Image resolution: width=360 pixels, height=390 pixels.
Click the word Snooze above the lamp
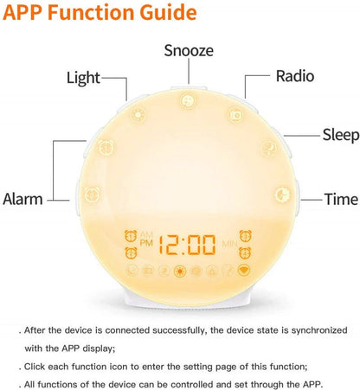[x=189, y=50]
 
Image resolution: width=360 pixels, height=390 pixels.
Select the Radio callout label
[x=294, y=75]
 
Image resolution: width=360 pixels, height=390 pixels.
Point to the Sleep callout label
[x=340, y=134]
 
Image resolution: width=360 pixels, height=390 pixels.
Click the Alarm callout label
[x=22, y=199]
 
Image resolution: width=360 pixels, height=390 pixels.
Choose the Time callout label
[x=340, y=199]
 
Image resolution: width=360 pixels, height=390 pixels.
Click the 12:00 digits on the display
[x=190, y=244]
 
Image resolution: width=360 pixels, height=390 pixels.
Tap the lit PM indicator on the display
[x=145, y=245]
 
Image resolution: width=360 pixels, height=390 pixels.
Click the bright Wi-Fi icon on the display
[x=244, y=270]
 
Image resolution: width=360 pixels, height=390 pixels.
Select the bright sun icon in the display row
[x=180, y=271]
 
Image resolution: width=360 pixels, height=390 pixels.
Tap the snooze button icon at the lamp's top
[x=187, y=101]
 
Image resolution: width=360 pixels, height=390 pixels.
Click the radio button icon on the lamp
[x=234, y=114]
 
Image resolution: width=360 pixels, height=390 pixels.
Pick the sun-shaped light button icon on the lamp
[x=140, y=114]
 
